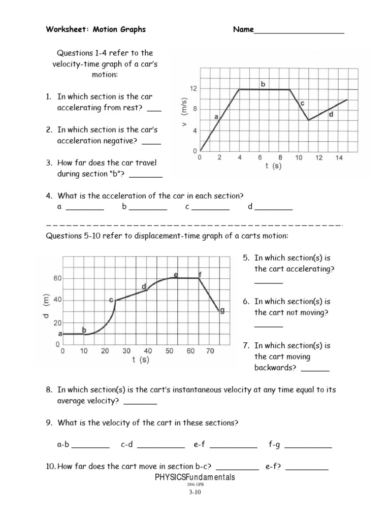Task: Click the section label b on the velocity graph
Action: [x=263, y=84]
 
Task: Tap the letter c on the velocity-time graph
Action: [x=302, y=103]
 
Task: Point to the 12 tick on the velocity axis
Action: [x=193, y=88]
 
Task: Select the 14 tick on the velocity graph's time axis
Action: [x=339, y=158]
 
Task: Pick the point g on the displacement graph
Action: [x=222, y=311]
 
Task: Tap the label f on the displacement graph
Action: [x=200, y=275]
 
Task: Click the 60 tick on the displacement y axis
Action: [x=56, y=278]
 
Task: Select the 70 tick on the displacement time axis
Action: [x=212, y=351]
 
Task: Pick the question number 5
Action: [x=247, y=257]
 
